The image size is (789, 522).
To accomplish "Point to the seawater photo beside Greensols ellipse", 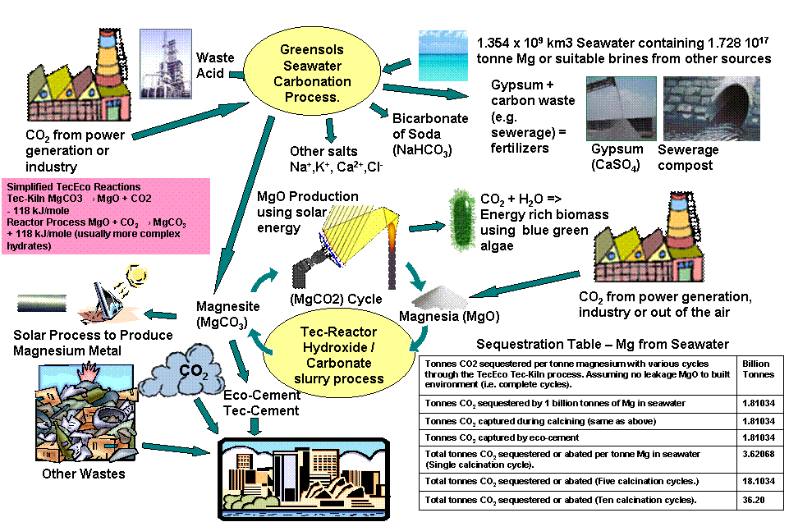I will pyautogui.click(x=443, y=56).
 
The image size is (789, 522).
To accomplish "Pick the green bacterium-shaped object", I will pyautogui.click(x=462, y=217).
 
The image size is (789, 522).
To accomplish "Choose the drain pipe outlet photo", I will pyautogui.click(x=711, y=109).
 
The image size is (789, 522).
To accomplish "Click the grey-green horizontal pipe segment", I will pyautogui.click(x=41, y=303).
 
